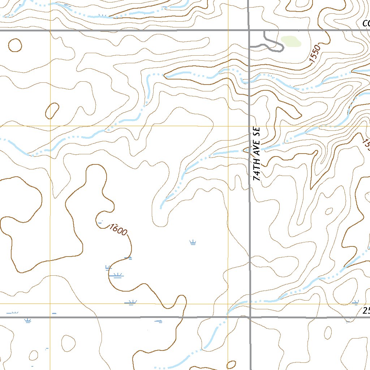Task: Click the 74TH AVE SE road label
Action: [x=257, y=154]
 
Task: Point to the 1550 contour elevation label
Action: [x=315, y=53]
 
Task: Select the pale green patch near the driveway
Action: [x=291, y=42]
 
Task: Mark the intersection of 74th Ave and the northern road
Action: [x=249, y=31]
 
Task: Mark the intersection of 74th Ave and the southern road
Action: [x=250, y=317]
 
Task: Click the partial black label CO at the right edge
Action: [x=366, y=24]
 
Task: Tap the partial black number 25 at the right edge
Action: [x=366, y=311]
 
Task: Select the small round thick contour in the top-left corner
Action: [x=15, y=45]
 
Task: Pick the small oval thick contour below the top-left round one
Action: [x=52, y=111]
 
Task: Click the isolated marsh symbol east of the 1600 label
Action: [x=193, y=242]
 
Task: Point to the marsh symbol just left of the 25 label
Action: [x=356, y=302]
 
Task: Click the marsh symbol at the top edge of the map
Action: [x=103, y=16]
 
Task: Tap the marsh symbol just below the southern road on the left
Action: [x=28, y=320]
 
